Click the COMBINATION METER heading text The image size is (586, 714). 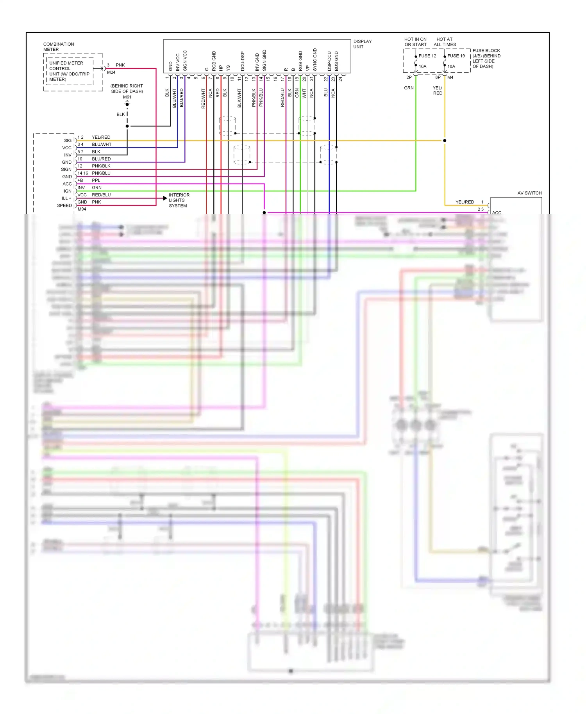(x=58, y=47)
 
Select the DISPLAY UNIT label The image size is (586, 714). (x=362, y=44)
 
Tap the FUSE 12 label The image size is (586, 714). (x=427, y=56)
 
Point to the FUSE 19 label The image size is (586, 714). (x=456, y=56)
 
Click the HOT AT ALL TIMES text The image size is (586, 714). (x=445, y=42)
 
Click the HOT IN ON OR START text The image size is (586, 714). (x=415, y=42)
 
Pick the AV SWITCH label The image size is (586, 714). (x=529, y=193)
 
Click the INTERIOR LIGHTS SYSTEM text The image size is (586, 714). (x=179, y=200)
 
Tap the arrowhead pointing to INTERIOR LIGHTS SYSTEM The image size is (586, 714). (x=165, y=198)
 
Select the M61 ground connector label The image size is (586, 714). (x=127, y=97)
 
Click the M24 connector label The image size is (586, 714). (x=111, y=72)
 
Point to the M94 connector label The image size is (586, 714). (x=82, y=209)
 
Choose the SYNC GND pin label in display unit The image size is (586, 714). (x=315, y=59)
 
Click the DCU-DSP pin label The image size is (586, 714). (x=243, y=61)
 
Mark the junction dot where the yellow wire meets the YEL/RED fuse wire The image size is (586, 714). (x=445, y=141)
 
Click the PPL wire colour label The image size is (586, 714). (x=96, y=180)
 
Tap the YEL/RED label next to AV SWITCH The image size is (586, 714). (x=465, y=202)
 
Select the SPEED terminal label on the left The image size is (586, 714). (x=64, y=205)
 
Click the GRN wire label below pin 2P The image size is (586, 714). (x=409, y=88)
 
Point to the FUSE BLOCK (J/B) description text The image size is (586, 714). (x=486, y=58)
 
